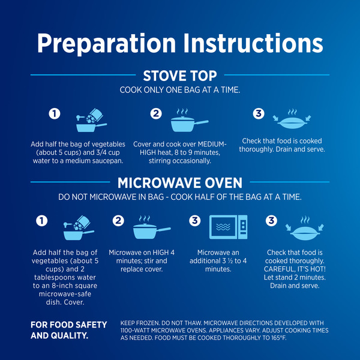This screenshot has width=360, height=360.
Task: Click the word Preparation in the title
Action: point(107,44)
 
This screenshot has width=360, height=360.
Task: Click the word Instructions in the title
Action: point(253,43)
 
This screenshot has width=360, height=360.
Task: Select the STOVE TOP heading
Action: point(180,76)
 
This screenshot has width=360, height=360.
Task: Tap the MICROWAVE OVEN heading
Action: point(180,183)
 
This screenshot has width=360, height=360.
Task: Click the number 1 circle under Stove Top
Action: point(55,113)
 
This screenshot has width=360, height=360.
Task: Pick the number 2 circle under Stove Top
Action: point(156,113)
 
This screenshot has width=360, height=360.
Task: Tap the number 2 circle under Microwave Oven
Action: point(118,221)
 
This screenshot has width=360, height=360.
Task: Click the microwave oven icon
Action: point(228,227)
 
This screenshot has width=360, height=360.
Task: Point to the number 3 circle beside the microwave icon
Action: point(195,221)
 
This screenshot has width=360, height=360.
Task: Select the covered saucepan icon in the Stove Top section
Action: point(190,121)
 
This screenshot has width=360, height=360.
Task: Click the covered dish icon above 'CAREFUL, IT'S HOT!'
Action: point(305,229)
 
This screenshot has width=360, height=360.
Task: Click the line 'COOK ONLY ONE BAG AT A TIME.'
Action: point(180,90)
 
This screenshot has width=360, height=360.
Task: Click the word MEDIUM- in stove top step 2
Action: point(212,144)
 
